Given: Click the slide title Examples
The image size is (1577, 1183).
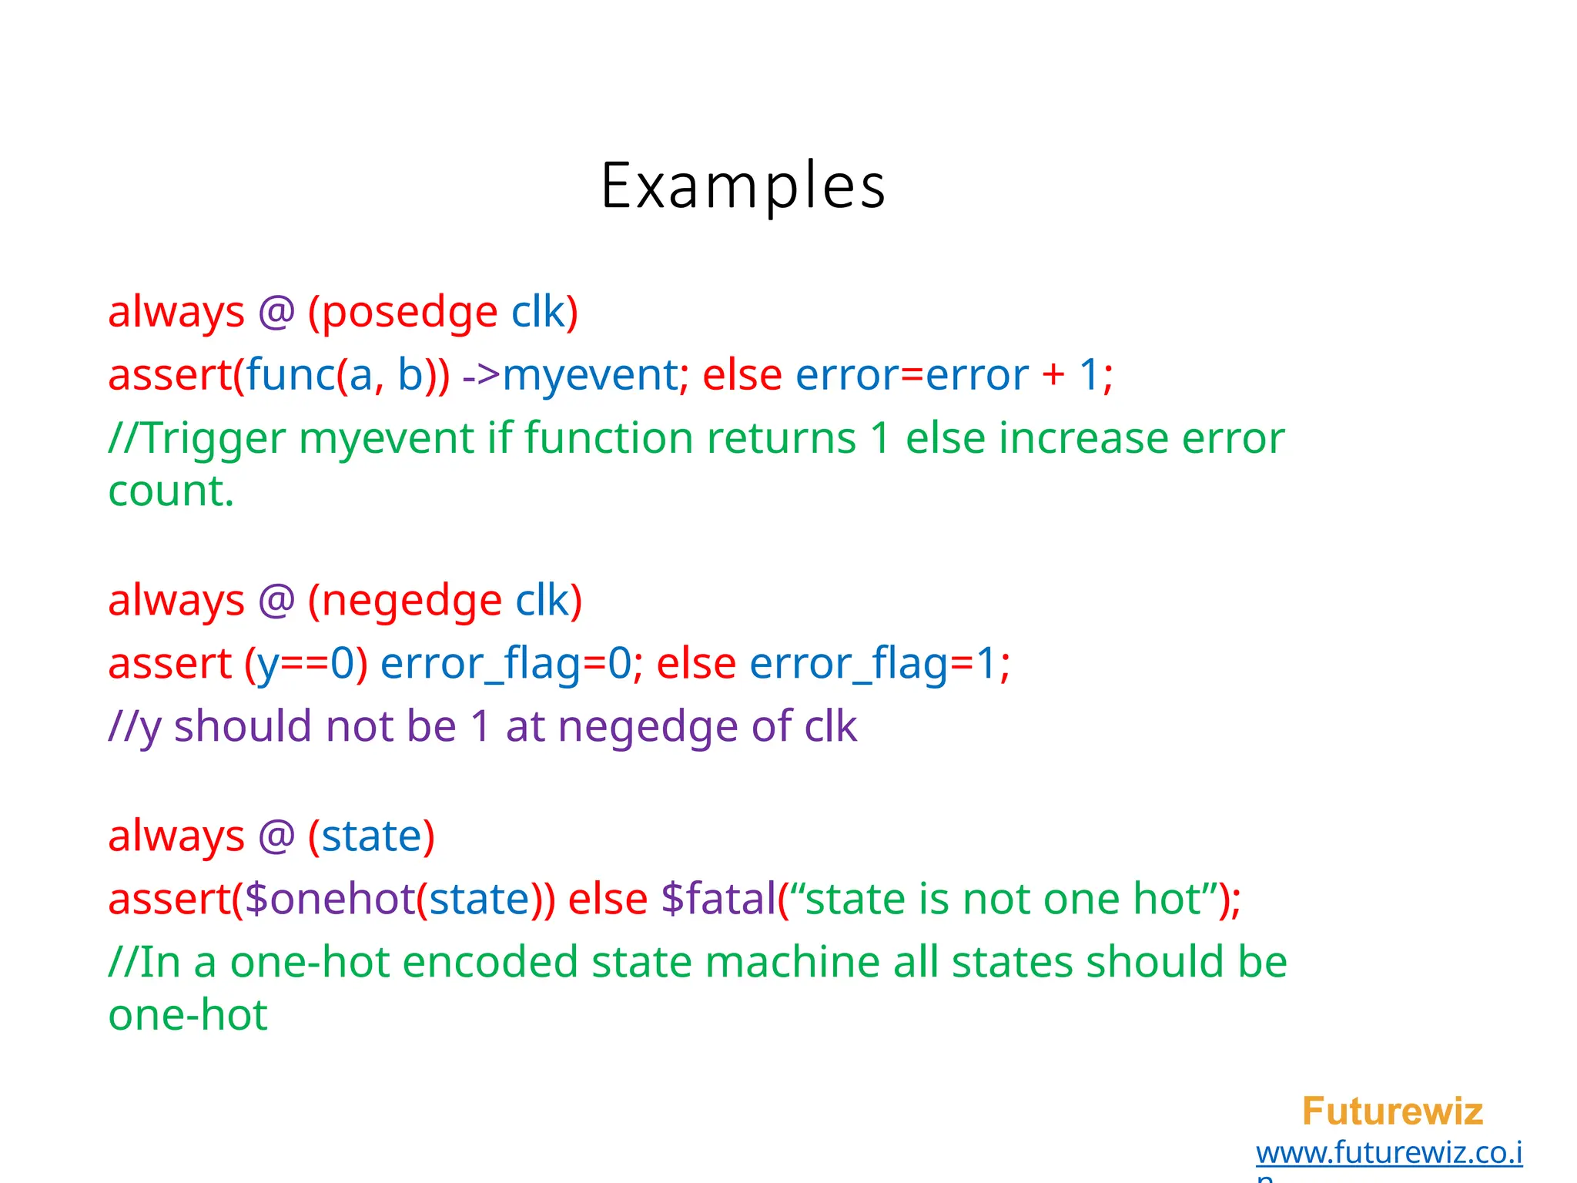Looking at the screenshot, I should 742,186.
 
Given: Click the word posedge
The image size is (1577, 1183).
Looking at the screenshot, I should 410,313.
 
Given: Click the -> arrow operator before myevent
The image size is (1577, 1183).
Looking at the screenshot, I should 481,376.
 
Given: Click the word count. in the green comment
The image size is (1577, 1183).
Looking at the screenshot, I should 170,491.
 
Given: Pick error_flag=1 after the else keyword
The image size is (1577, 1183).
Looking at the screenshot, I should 873,664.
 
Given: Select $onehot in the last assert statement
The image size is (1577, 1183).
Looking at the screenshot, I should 330,900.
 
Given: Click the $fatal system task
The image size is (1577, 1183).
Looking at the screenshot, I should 718,900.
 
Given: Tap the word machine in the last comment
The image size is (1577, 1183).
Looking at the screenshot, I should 792,963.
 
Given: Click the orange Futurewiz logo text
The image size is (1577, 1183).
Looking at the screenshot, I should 1391,1111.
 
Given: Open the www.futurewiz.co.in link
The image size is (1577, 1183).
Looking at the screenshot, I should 1388,1153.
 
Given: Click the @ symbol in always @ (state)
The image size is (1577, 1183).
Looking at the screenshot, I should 276,836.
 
